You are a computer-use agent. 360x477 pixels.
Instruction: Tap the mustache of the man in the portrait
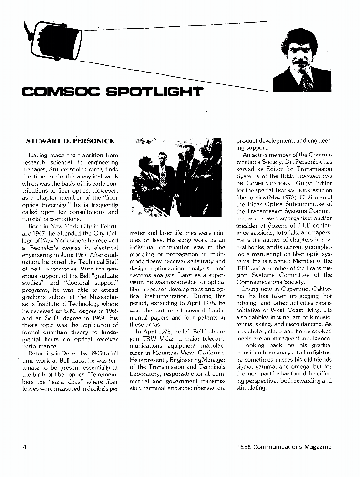click(301, 62)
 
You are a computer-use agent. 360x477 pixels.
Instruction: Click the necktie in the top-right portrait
click(306, 81)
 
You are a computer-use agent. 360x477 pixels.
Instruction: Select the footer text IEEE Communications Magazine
click(284, 447)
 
